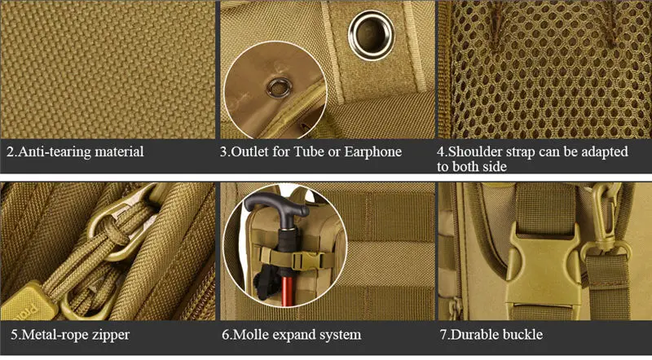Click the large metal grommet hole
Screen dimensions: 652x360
point(371,35)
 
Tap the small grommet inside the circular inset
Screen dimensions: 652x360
point(279,87)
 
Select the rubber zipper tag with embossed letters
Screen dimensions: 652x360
point(27,302)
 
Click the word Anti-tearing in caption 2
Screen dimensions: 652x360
point(55,151)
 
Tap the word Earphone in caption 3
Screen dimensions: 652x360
point(373,151)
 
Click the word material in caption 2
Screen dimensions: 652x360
point(119,151)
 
